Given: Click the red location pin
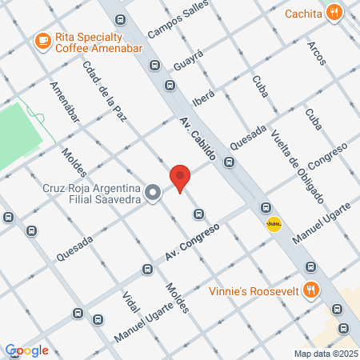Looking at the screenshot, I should [180, 178].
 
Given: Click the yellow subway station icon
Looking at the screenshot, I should [274, 225].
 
